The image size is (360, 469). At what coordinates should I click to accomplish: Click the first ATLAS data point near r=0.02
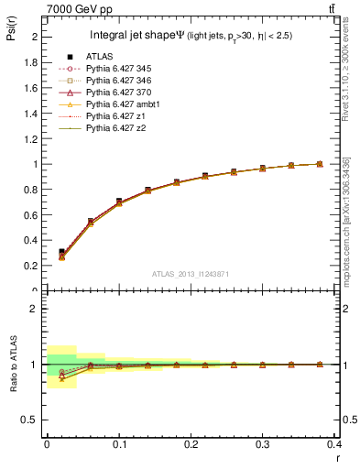pyautogui.click(x=61, y=252)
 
